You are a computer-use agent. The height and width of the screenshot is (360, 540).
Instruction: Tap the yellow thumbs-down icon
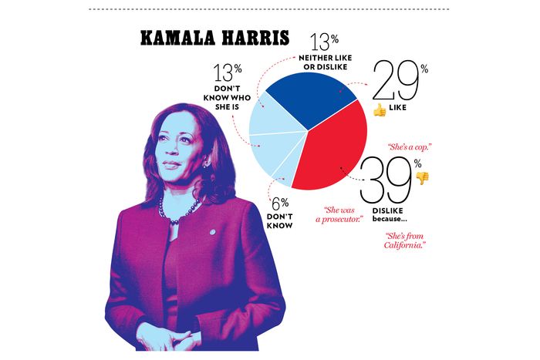coord(422,177)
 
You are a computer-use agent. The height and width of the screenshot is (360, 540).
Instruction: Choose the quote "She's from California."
coord(406,241)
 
